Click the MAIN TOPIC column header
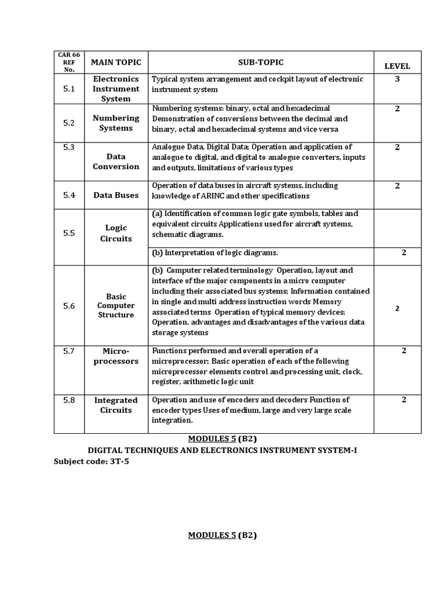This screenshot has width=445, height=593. click(x=116, y=62)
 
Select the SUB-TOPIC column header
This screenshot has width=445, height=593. click(x=260, y=62)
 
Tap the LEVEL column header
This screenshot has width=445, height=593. click(x=397, y=67)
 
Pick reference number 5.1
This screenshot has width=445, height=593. click(x=69, y=89)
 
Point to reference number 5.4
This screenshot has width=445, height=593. click(x=69, y=195)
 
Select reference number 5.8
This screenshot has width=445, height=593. click(x=69, y=400)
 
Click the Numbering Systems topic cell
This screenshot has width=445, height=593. click(x=116, y=123)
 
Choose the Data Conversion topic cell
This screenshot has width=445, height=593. click(x=116, y=162)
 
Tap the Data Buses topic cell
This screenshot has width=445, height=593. click(x=116, y=195)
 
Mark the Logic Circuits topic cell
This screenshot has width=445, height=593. click(x=116, y=233)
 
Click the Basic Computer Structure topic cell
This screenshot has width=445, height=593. click(x=116, y=306)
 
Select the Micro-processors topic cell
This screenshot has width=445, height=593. click(x=116, y=356)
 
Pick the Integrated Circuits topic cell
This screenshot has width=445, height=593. click(x=116, y=405)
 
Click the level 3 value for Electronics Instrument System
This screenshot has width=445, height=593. click(x=397, y=79)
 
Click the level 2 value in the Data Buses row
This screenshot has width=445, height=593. click(x=397, y=185)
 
